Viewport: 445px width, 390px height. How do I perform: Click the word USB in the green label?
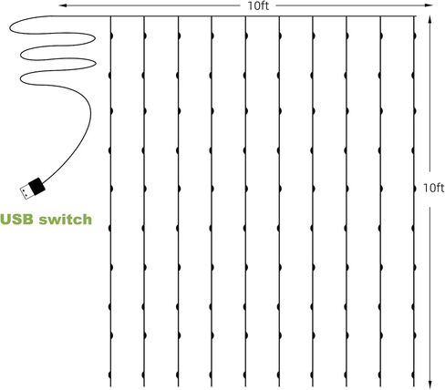tap(16, 220)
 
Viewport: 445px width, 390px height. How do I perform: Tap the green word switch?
tap(66, 220)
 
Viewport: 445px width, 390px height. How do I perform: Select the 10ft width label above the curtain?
tap(258, 5)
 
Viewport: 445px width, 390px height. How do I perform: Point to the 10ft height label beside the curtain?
tap(434, 188)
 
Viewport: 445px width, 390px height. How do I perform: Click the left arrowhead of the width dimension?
tap(63, 5)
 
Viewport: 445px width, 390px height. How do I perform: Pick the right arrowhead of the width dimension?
tap(429, 5)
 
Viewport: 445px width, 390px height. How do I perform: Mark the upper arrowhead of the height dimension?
tap(429, 20)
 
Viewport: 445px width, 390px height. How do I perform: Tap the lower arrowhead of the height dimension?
tap(429, 385)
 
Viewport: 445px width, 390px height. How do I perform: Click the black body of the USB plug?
tap(36, 186)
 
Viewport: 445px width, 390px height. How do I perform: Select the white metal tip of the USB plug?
tap(26, 192)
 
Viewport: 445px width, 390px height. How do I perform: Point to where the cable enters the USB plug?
tap(44, 182)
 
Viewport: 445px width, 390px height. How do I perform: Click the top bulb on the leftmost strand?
tap(111, 36)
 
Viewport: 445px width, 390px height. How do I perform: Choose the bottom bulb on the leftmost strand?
tap(109, 375)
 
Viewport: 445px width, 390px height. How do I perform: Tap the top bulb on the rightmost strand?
tap(415, 36)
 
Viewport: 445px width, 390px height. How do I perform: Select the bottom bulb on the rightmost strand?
tap(413, 375)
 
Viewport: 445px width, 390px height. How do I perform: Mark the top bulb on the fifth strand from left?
tap(246, 36)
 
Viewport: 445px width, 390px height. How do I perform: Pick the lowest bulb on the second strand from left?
tap(143, 375)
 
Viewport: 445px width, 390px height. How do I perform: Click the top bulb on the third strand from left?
tap(180, 36)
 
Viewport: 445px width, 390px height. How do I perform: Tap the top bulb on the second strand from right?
tap(381, 36)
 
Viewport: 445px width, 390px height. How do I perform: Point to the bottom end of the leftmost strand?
tap(110, 386)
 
